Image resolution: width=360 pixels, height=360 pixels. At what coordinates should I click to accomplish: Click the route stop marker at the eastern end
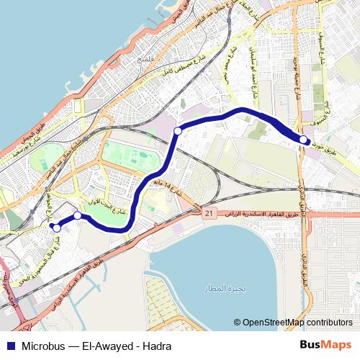click(x=304, y=139)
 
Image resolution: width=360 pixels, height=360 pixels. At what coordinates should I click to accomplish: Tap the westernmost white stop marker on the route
click(x=53, y=227)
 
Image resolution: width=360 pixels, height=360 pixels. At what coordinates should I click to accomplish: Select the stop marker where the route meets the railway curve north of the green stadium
click(x=177, y=131)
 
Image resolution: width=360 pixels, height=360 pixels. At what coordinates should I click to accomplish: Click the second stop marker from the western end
click(x=77, y=215)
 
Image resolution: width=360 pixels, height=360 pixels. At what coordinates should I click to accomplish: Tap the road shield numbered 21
click(x=209, y=214)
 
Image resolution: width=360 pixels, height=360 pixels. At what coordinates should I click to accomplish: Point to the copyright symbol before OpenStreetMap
click(x=237, y=323)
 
